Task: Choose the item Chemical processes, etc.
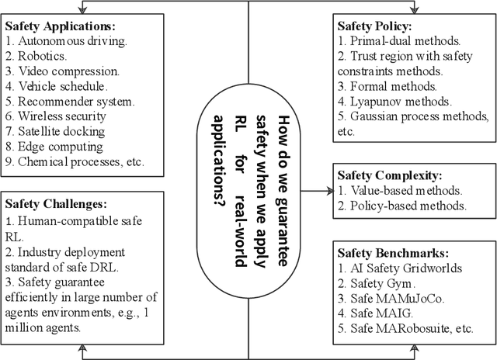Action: click(x=74, y=162)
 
